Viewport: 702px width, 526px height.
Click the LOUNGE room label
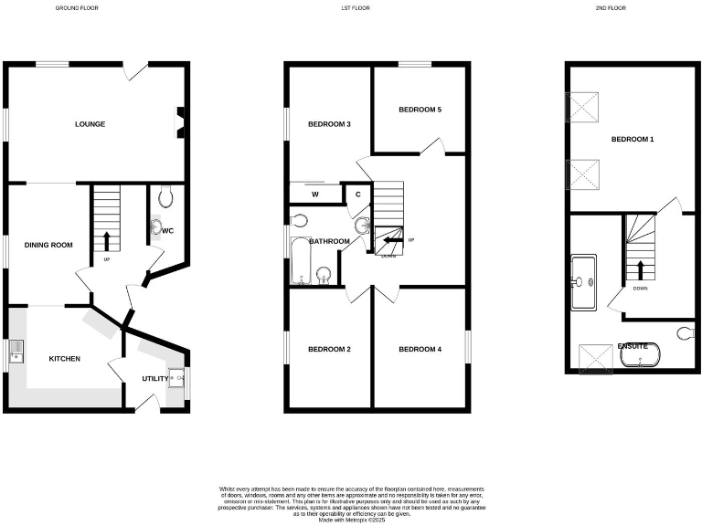point(90,124)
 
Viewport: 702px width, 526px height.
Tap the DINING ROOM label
point(48,245)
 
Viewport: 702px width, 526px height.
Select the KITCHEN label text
point(65,359)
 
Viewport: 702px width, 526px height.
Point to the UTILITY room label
point(154,378)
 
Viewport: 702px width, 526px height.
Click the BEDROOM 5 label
point(420,110)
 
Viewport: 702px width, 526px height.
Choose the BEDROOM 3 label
point(329,124)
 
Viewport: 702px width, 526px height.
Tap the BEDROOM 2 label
point(329,349)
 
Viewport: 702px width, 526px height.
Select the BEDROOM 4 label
point(420,349)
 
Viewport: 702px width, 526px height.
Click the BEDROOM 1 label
point(633,140)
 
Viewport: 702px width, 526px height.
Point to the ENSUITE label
point(633,346)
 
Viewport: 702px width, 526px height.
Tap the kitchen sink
point(16,352)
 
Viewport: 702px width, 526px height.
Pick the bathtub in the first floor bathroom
point(299,260)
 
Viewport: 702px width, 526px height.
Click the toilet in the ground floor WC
point(165,195)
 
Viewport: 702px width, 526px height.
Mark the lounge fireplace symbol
point(181,121)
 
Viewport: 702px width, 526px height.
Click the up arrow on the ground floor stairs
point(107,240)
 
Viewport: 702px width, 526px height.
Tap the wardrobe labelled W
point(314,194)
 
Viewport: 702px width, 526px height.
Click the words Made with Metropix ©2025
point(351,521)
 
